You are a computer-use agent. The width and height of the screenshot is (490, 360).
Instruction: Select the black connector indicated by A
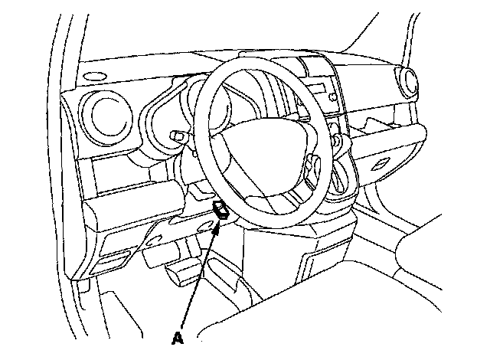(221, 210)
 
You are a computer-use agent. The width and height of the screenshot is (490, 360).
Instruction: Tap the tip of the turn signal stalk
(178, 136)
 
